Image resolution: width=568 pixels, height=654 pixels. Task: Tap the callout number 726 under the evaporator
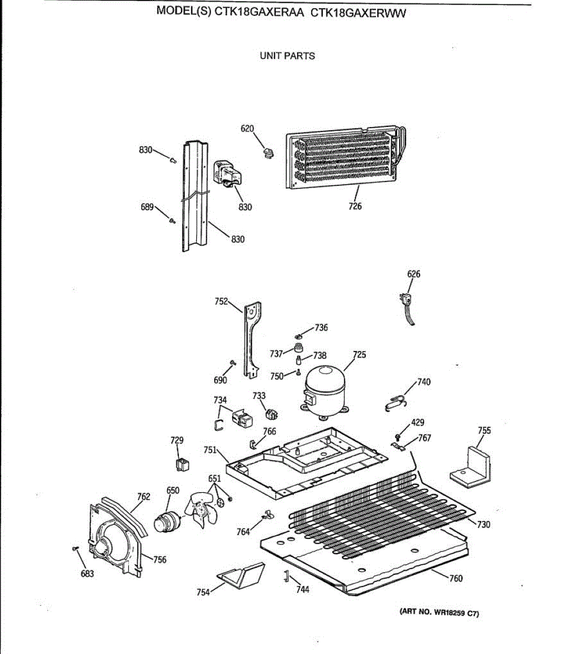(x=355, y=207)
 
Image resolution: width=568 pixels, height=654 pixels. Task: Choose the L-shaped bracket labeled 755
(x=472, y=468)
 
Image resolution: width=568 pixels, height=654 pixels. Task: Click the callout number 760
(x=456, y=578)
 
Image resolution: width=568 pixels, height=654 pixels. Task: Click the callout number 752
(x=221, y=301)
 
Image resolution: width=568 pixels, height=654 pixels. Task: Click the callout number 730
(x=483, y=525)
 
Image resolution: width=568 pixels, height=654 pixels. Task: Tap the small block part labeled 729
(x=182, y=464)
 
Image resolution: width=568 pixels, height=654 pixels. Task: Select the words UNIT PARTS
(x=287, y=56)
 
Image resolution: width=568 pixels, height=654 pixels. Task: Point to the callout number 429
(x=418, y=422)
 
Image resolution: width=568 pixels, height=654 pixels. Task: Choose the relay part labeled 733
(x=271, y=414)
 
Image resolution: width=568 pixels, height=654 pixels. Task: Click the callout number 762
(x=143, y=496)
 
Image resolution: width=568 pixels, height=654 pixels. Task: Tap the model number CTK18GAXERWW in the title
(x=358, y=14)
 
